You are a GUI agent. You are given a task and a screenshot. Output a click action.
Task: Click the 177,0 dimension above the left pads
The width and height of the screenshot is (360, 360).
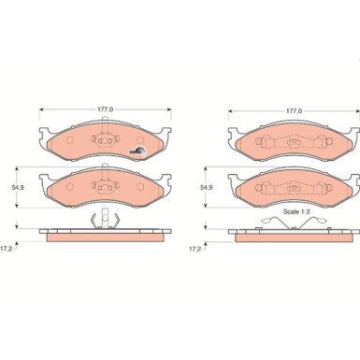point(106,109)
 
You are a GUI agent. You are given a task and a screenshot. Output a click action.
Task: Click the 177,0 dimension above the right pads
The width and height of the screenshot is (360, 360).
point(295,110)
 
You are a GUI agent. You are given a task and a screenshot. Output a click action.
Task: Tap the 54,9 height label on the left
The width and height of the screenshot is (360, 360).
point(18,187)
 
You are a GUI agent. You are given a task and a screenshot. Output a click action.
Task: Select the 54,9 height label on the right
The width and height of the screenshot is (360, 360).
point(207,187)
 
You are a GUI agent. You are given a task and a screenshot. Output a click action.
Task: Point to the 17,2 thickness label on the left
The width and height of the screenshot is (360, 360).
point(7,249)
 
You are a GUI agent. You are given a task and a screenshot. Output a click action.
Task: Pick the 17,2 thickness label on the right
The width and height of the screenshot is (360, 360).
point(195,249)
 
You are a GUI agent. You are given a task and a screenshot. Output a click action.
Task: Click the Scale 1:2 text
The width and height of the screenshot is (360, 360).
point(296,211)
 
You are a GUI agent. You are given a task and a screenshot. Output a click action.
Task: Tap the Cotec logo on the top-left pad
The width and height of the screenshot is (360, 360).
point(137,151)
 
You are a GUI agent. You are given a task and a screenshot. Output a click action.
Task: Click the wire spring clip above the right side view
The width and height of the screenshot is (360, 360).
point(294,223)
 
